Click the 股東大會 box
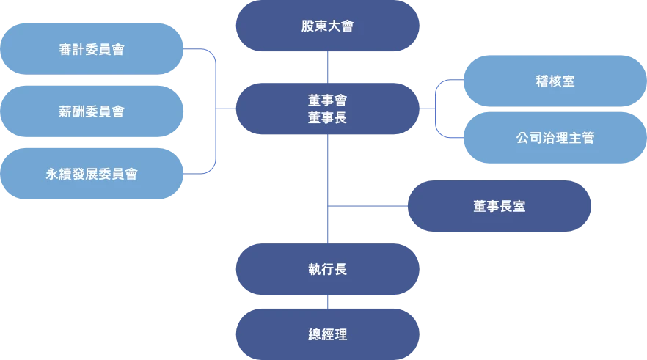click(327, 26)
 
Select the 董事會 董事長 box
click(327, 109)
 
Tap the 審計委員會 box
click(91, 49)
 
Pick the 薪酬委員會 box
click(91, 111)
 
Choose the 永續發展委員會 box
click(91, 174)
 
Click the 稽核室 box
click(555, 81)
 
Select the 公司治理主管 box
click(555, 137)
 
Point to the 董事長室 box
click(499, 207)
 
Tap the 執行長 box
click(327, 269)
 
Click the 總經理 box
click(327, 334)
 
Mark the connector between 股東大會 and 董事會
click(327, 67)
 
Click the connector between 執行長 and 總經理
click(327, 301)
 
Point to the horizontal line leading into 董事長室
click(367, 207)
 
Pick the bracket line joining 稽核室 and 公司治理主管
click(437, 109)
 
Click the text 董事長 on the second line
click(327, 117)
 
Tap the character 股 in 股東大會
click(307, 26)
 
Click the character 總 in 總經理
click(315, 334)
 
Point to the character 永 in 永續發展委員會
click(51, 174)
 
